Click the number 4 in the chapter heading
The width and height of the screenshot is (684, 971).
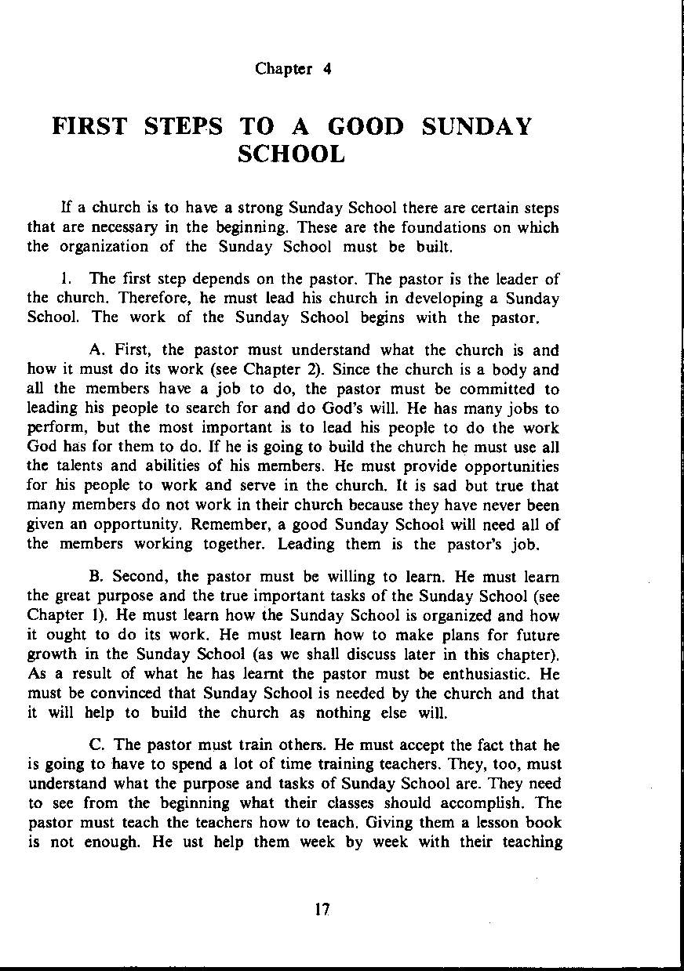(327, 68)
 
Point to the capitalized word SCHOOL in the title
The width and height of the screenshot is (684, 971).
(291, 154)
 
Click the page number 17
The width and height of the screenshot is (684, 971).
(321, 910)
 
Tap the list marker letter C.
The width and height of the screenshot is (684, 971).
(96, 745)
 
